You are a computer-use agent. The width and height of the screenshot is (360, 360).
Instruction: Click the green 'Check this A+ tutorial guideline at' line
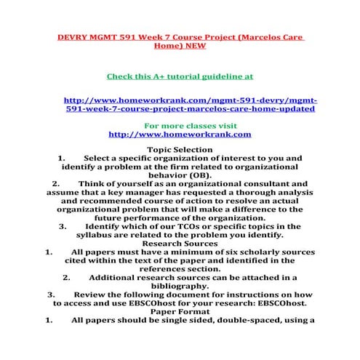pyautogui.click(x=180, y=75)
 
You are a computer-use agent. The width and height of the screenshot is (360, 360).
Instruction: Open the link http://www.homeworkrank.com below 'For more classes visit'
pyautogui.click(x=180, y=135)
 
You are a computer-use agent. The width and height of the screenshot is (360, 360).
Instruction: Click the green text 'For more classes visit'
pyautogui.click(x=180, y=125)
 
